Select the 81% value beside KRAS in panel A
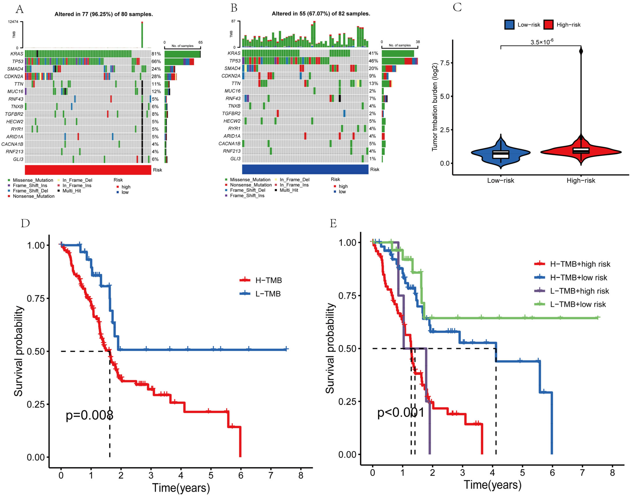pyautogui.click(x=156, y=54)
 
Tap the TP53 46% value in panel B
pyautogui.click(x=373, y=61)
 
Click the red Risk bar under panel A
pyautogui.click(x=88, y=170)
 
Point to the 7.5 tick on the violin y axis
pyautogui.click(x=445, y=63)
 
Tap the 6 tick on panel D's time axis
pyautogui.click(x=241, y=475)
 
